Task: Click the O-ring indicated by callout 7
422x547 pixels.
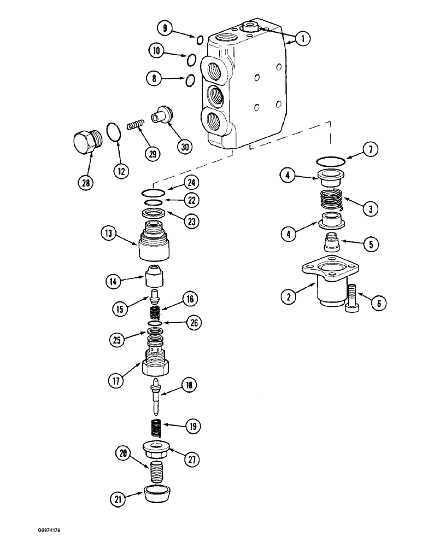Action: [x=331, y=160]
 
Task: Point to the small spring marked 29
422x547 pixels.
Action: [x=136, y=126]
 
